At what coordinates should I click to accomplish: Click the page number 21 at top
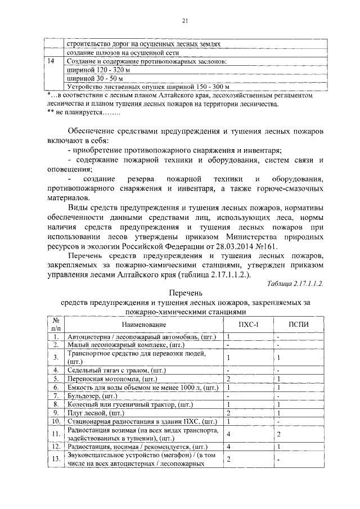tap(184, 21)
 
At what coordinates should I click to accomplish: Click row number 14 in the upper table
tap(52, 61)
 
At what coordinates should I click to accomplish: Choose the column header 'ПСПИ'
tap(299, 325)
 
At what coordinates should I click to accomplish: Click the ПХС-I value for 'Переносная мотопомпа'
tap(228, 379)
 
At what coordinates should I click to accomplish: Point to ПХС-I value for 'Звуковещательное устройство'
tap(228, 460)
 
